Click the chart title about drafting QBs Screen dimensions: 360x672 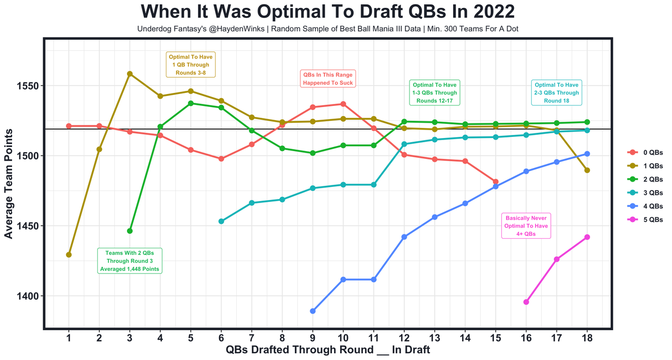[x=328, y=12]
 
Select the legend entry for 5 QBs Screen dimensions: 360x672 [x=646, y=220]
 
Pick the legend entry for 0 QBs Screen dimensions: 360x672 [x=646, y=152]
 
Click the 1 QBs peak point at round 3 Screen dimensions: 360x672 [x=130, y=74]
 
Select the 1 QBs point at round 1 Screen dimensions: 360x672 [x=69, y=255]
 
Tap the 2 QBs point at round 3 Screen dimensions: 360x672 [x=130, y=231]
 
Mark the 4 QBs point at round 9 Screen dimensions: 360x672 [x=313, y=311]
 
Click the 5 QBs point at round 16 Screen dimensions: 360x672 [x=526, y=302]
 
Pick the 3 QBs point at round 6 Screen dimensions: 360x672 [x=221, y=221]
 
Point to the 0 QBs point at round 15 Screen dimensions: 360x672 [x=496, y=182]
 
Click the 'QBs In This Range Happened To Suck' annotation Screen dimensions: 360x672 [x=328, y=79]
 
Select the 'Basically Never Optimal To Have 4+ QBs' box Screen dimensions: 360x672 [x=526, y=226]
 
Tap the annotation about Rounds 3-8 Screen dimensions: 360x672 [x=191, y=65]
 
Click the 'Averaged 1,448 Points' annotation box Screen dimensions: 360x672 [x=130, y=261]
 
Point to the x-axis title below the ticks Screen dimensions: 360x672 [x=328, y=350]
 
